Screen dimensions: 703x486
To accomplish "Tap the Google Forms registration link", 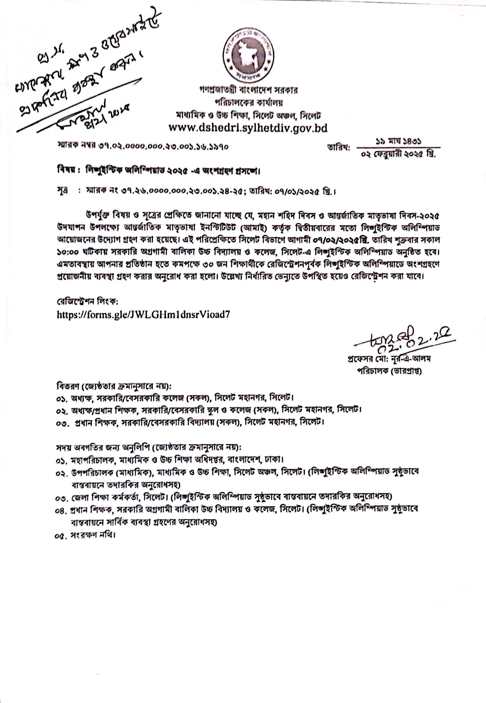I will tap(143, 314).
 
